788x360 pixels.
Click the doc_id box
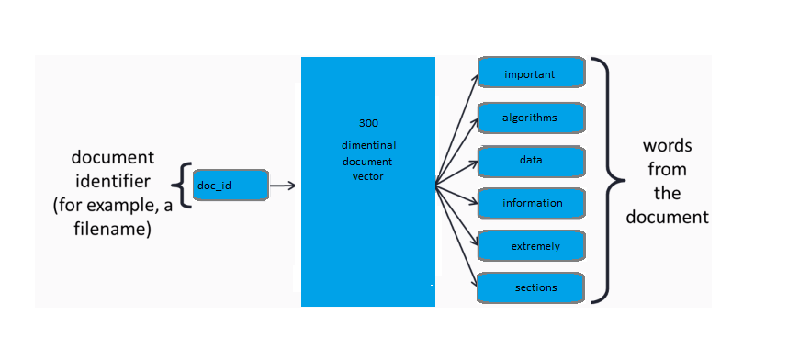point(231,186)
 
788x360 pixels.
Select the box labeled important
point(531,73)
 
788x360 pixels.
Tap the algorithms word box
point(531,118)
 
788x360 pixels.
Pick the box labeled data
point(531,160)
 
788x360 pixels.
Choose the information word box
point(531,202)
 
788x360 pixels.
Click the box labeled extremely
point(531,246)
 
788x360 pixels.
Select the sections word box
point(531,287)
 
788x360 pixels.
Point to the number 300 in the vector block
point(367,122)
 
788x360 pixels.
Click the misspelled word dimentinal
point(367,146)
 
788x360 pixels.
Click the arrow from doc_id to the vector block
point(283,186)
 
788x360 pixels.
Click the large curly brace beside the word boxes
point(602,180)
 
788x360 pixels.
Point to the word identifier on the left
point(112,179)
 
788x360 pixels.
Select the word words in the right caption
point(668,147)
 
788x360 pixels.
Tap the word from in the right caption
point(668,170)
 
